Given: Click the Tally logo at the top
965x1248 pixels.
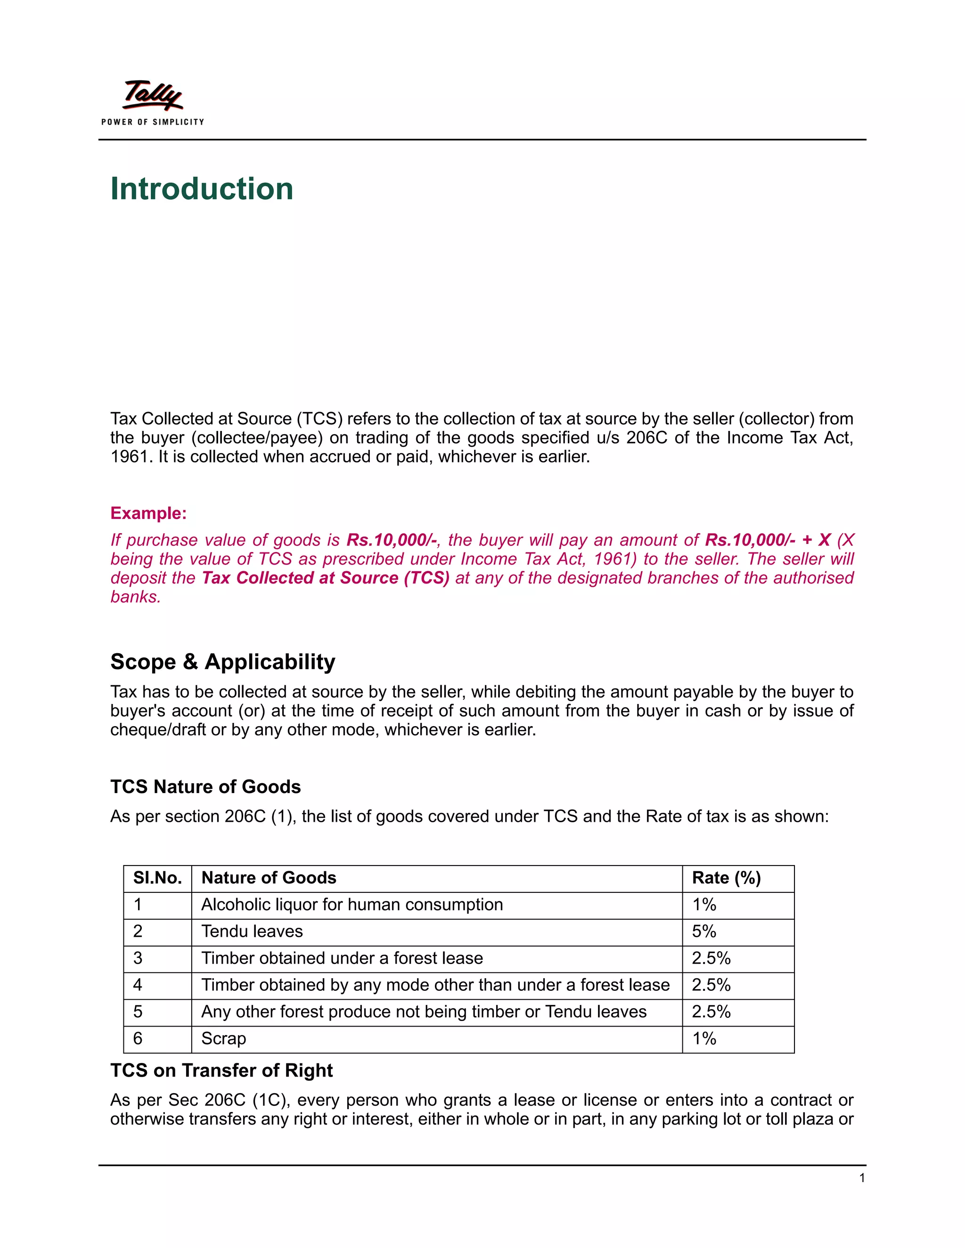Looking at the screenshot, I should (153, 96).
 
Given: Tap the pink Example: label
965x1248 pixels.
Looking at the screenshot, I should (148, 513).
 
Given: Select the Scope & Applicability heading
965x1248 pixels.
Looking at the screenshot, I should (222, 662).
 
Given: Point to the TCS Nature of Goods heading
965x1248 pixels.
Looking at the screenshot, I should (205, 787).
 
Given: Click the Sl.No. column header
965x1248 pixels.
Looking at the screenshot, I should (157, 878).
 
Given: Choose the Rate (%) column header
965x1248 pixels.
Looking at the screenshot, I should (726, 878).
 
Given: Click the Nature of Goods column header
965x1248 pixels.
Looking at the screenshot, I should (269, 878).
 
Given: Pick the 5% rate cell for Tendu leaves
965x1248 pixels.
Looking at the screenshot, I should (704, 932).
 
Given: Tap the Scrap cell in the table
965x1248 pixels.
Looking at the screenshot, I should (223, 1038).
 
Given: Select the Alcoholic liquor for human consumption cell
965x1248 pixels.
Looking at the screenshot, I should (352, 905).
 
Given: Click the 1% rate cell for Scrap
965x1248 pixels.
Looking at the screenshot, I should (704, 1038).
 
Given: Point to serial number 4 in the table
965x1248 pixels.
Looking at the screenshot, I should (138, 985).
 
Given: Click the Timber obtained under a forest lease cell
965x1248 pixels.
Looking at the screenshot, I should (342, 958).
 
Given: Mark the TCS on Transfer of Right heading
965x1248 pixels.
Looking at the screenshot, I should (221, 1070).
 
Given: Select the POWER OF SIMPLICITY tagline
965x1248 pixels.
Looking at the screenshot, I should (153, 122).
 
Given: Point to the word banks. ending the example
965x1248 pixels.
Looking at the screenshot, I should (136, 597).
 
